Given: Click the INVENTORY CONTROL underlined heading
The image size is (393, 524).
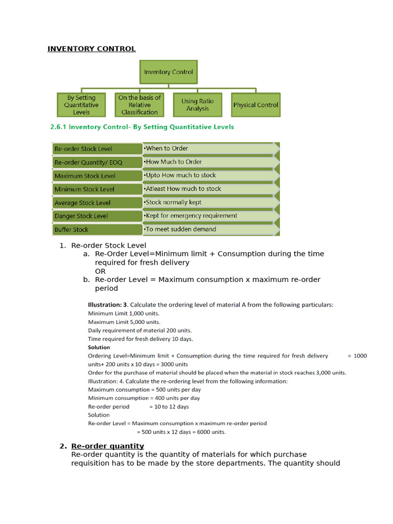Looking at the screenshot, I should (92, 49).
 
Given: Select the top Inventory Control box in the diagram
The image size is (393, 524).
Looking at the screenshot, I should (168, 72).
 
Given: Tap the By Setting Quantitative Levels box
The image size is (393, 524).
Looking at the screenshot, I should (81, 105).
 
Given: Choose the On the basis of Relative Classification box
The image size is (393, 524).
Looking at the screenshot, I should (140, 105).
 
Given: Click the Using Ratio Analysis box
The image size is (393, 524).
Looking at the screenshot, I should (198, 105).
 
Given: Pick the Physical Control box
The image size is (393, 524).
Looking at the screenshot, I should (255, 105).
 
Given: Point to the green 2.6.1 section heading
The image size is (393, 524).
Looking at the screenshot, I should (142, 127).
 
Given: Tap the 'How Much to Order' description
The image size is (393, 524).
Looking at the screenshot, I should (173, 162).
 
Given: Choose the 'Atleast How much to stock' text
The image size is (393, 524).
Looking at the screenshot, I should (183, 189).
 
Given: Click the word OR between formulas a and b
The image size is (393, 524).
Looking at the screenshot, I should (100, 271).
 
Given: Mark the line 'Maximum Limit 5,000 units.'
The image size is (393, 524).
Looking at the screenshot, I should (124, 322).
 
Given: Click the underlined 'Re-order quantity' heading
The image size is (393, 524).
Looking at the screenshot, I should (107, 446).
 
